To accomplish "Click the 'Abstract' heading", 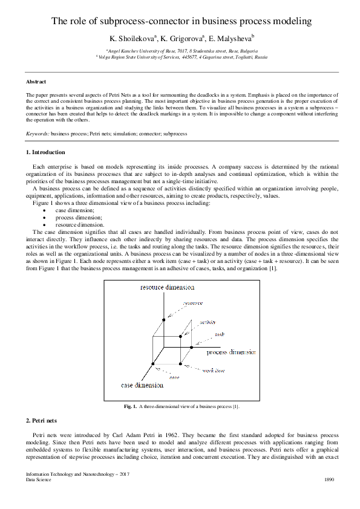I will [36, 82].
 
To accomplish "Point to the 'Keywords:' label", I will [38, 132].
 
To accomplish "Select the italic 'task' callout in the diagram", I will [219, 334].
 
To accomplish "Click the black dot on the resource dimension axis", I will [162, 319].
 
